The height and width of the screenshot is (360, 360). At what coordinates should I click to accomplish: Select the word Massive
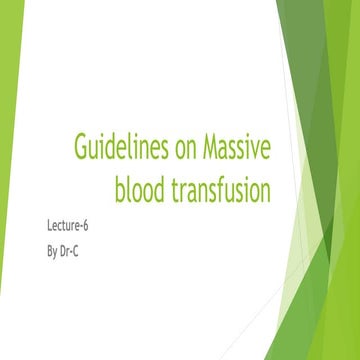[231, 148]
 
